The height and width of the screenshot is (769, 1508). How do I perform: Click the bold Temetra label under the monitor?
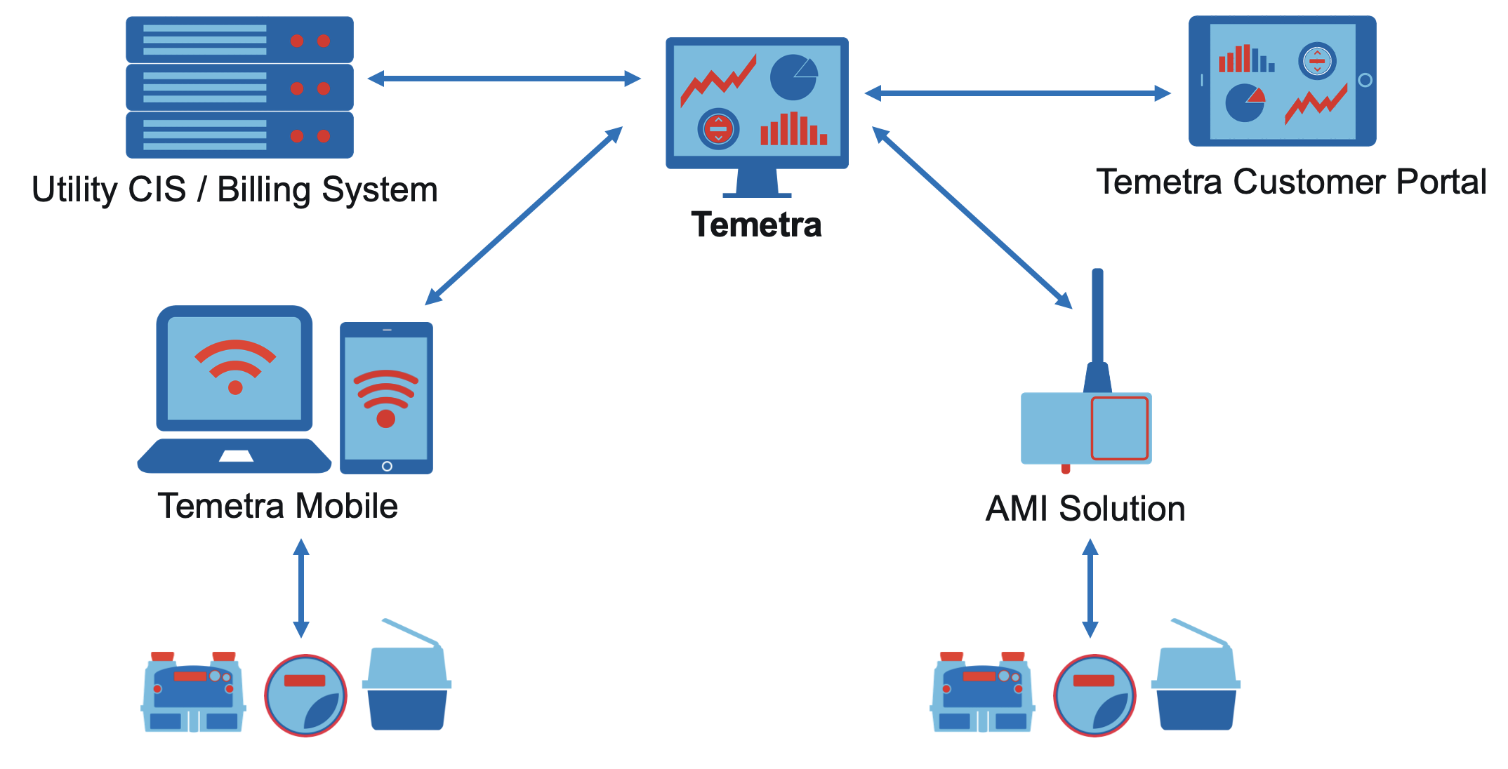click(756, 225)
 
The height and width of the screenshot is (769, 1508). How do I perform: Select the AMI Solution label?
click(1085, 509)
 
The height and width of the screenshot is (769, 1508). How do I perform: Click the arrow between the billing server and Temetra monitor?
click(503, 79)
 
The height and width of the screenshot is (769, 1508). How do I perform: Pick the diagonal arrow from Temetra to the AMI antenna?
click(972, 218)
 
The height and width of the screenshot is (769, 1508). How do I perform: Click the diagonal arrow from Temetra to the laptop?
click(524, 216)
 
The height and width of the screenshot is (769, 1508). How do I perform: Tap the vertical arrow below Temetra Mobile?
click(301, 588)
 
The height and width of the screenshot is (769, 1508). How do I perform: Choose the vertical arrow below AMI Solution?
click(1090, 588)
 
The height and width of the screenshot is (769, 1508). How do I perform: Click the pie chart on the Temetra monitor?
click(794, 78)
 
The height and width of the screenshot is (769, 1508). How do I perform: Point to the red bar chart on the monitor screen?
click(793, 130)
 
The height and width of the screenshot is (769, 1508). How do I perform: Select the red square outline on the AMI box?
click(1119, 428)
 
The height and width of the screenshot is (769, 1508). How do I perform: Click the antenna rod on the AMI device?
click(1097, 316)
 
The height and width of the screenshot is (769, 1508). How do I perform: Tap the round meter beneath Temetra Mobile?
click(305, 695)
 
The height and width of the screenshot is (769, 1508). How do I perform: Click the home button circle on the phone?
click(387, 466)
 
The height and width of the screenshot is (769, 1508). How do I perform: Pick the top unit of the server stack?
click(239, 40)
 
